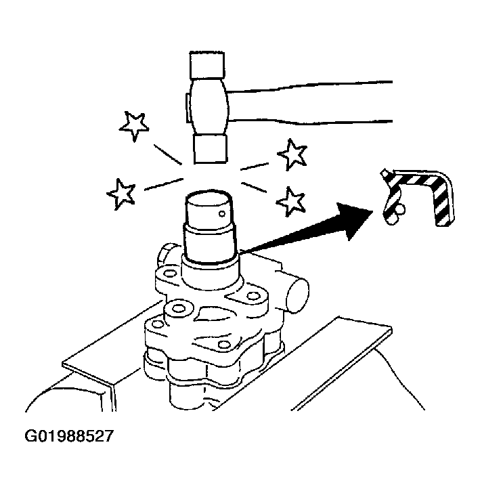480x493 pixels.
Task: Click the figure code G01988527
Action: coord(69,436)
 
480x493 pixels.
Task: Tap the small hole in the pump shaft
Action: coord(222,214)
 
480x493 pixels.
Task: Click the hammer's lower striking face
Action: coord(210,150)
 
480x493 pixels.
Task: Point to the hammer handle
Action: coord(309,103)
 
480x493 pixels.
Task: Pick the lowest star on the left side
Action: coord(121,194)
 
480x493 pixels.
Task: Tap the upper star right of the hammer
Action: coord(292,154)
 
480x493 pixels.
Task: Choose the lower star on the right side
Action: coord(290,201)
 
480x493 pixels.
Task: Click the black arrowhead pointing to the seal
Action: coord(353,220)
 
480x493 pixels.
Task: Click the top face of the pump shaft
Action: coord(209,198)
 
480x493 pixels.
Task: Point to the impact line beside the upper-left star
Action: coord(167,154)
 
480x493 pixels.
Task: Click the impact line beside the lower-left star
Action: coord(163,184)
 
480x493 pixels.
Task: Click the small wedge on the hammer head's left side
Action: coord(187,108)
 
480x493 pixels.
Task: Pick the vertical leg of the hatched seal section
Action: coord(444,201)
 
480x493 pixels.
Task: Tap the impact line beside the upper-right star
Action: coord(255,167)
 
